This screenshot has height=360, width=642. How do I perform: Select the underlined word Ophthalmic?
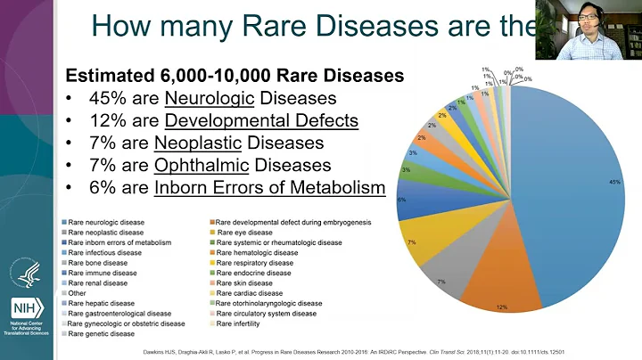(x=194, y=165)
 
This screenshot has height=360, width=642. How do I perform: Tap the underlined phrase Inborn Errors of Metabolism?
(x=269, y=187)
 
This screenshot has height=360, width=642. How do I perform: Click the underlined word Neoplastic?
(x=197, y=143)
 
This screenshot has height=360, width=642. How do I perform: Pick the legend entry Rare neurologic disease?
(x=106, y=221)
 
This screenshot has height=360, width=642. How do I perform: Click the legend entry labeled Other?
(x=78, y=293)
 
